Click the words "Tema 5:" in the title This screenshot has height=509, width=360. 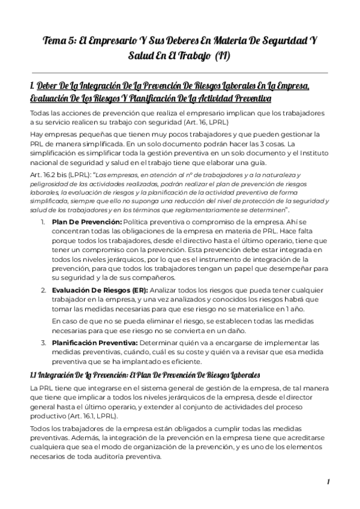point(61,41)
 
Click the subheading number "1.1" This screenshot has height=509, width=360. point(33,375)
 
